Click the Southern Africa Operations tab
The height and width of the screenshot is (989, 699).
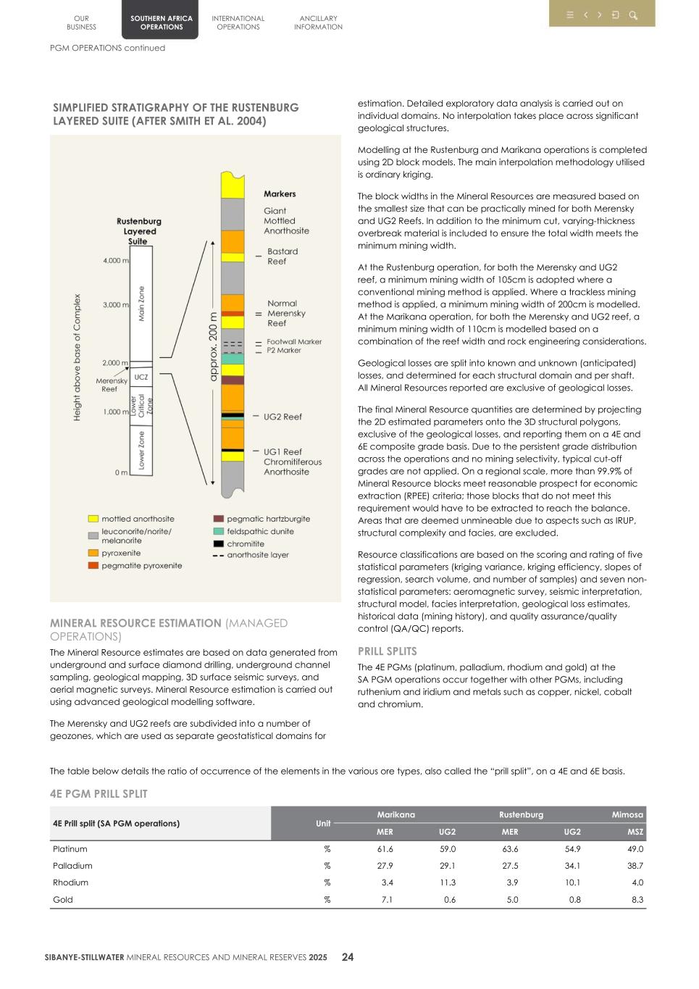tap(161, 22)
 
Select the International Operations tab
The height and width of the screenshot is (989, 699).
tap(238, 22)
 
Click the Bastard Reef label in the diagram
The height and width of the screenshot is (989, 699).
tap(282, 256)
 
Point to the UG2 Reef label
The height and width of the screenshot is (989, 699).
tap(282, 417)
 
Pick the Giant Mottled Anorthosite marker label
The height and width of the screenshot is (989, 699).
tap(286, 221)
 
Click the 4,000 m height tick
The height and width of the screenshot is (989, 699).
tap(115, 260)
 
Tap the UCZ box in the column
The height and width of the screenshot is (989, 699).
tap(141, 377)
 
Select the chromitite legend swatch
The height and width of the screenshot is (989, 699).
tap(218, 543)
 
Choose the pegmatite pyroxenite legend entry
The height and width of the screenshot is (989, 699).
tap(141, 565)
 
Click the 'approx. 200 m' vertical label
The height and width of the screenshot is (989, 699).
tap(213, 346)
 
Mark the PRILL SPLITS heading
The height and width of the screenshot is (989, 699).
tap(387, 651)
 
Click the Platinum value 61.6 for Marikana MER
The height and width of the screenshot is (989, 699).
tap(385, 848)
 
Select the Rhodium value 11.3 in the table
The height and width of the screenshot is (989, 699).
tap(448, 882)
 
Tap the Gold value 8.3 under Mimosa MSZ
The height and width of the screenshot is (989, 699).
tap(636, 899)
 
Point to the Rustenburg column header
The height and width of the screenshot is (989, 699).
tap(521, 814)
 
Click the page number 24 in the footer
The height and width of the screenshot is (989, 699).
tap(348, 957)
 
